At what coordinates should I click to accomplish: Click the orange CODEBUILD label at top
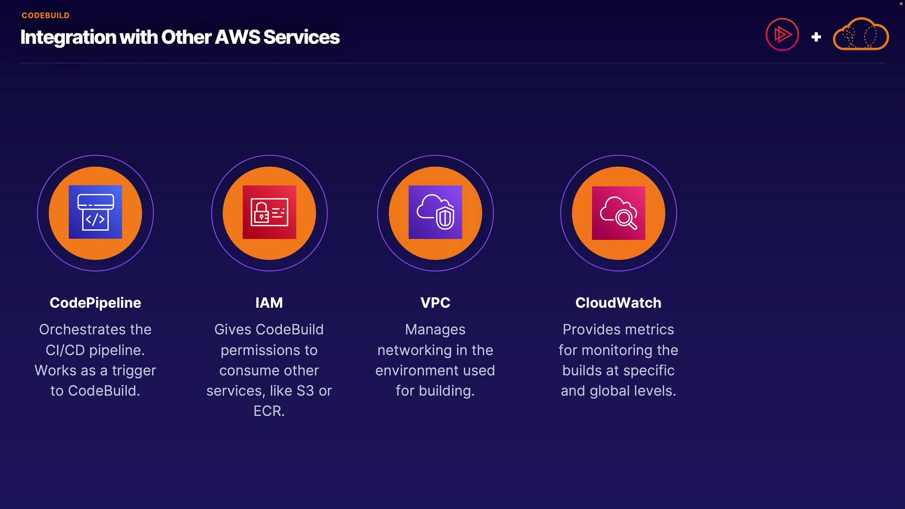coord(45,16)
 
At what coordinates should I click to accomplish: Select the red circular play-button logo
coord(782,34)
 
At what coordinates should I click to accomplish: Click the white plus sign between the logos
coord(816,37)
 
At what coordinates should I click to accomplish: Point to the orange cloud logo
coord(861,34)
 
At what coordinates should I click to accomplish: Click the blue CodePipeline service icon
coord(95,212)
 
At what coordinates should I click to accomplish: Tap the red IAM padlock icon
coord(269,212)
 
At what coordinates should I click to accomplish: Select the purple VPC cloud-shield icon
coord(435,212)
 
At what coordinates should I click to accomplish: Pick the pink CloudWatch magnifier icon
coord(618,213)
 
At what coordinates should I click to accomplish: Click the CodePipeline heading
coord(95,303)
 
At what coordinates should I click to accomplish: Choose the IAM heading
coord(269,303)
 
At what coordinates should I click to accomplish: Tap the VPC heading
coord(435,303)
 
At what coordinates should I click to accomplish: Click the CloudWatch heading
coord(618,303)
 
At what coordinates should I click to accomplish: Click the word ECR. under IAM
coord(269,411)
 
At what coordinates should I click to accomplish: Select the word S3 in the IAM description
coord(305,391)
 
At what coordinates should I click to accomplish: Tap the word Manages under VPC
coord(435,329)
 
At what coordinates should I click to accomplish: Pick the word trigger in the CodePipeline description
coord(133,371)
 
